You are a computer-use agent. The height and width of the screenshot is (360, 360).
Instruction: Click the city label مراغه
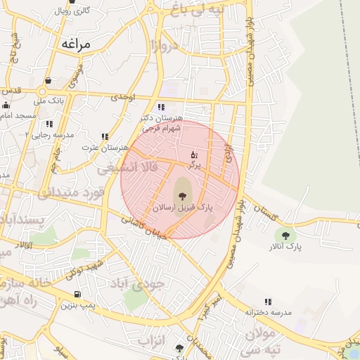[x=77, y=44]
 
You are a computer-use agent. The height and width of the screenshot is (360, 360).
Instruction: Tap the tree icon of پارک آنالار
[x=285, y=235]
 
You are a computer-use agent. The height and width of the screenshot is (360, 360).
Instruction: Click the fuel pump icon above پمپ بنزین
[x=77, y=294]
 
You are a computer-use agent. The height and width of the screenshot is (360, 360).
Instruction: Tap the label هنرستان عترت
[x=105, y=148]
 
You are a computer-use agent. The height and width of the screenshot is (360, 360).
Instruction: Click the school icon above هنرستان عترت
[x=105, y=136]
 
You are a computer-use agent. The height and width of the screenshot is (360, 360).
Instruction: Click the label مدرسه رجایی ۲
[x=49, y=133]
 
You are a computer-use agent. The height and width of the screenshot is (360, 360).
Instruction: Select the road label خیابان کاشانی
[x=143, y=229]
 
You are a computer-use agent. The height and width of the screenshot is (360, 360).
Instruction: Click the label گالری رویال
[x=72, y=11]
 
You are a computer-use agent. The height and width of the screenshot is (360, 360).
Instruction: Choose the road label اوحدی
[x=124, y=95]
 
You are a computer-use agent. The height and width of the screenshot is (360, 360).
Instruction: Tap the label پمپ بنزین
[x=77, y=305]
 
